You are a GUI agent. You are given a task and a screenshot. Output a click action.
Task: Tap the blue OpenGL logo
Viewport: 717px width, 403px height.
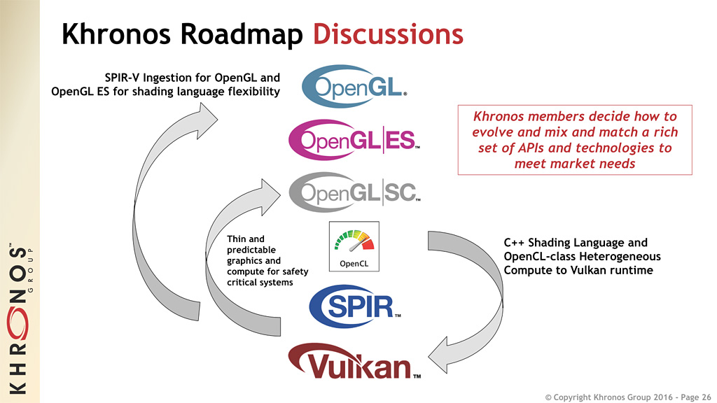[354, 86]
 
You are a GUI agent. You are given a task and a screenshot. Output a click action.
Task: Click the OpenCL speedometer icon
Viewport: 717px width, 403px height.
[354, 246]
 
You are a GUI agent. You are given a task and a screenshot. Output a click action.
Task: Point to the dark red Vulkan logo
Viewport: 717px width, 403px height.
[354, 365]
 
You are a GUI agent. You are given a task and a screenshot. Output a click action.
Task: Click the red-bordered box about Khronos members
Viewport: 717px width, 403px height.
[574, 140]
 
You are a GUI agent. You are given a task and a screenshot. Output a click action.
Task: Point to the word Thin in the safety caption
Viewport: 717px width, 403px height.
[237, 239]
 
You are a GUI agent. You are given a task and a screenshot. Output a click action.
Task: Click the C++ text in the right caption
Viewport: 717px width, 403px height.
[513, 243]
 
